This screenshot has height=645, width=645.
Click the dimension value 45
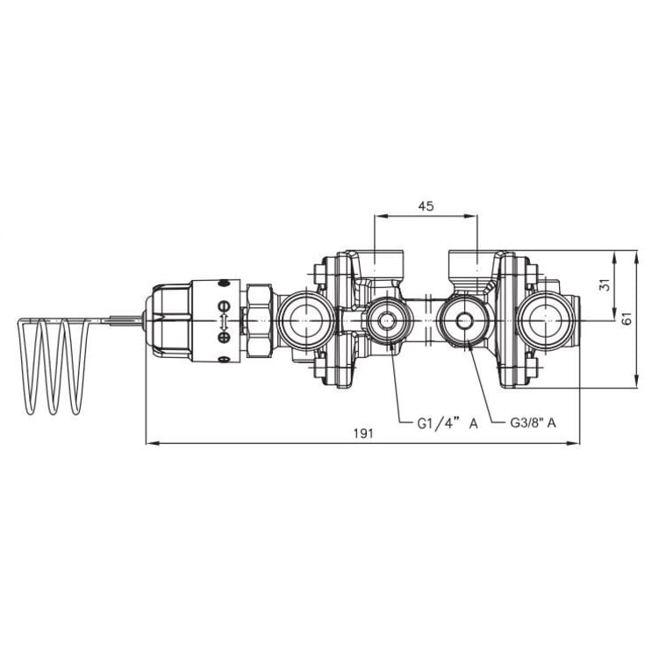426,206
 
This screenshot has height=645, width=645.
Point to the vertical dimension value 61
626,320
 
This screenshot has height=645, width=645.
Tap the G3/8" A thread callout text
534,423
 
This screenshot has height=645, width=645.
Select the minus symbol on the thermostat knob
224,306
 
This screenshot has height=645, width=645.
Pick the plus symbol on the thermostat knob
224,336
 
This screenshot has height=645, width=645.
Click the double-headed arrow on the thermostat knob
224,321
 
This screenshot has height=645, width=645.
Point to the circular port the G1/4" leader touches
384,322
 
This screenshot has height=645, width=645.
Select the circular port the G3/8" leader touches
462,322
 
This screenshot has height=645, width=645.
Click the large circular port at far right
545,320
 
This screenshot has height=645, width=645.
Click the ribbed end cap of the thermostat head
167,320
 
